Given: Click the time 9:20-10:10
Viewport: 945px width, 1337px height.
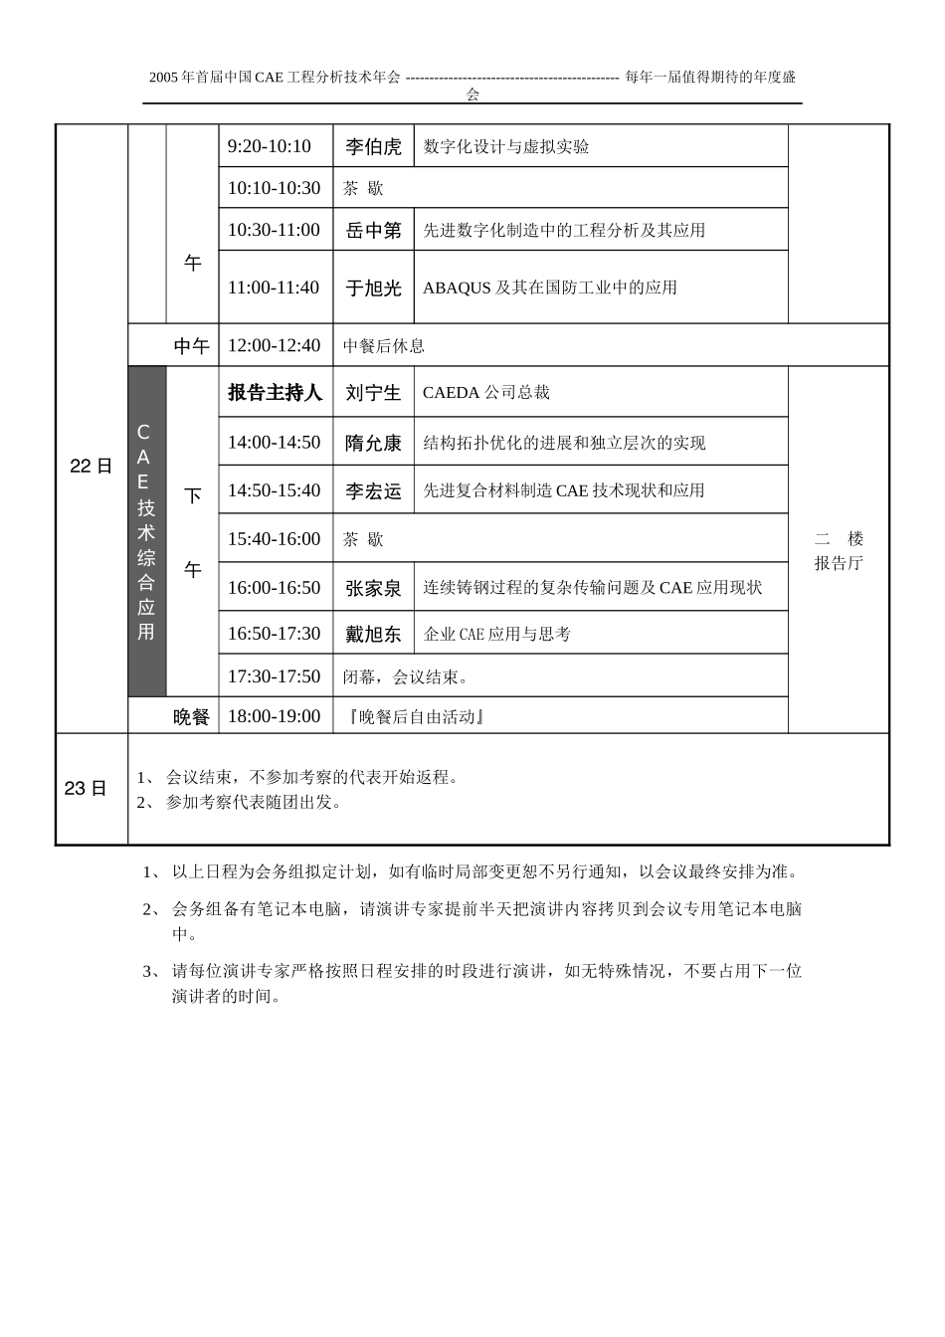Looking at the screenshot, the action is point(270,146).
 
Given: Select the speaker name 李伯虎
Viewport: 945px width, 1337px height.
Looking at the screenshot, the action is point(373,147).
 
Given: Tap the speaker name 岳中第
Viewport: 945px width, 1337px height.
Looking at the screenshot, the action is point(373,231).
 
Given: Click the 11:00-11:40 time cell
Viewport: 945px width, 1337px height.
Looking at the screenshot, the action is point(274,287).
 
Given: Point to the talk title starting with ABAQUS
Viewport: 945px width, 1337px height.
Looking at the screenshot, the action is point(550,287).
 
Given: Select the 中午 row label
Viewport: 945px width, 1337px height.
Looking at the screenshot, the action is point(192,346).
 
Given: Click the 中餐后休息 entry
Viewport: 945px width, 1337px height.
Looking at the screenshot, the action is point(384,346).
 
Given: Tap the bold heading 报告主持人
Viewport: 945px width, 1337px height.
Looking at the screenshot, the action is point(275,393).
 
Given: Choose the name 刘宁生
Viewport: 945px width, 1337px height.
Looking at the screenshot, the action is point(373,393).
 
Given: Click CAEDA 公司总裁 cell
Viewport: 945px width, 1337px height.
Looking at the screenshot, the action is point(486,393).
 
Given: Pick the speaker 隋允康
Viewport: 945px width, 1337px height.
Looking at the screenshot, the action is point(373,443).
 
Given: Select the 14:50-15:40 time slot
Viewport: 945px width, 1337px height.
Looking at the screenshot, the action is point(274,490).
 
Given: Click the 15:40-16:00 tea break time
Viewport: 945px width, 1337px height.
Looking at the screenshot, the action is point(274,539).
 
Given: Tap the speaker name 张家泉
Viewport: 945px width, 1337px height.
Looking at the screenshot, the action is point(373,588).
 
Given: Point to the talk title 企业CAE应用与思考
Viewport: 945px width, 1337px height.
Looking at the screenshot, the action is point(497,634).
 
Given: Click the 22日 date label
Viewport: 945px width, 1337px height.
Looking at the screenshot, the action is point(91,466).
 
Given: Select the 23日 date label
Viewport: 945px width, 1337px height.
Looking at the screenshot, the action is point(86,789).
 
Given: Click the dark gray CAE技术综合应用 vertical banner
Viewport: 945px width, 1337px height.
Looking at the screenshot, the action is point(146,531).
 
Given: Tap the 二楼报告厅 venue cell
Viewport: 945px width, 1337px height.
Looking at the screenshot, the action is point(839,551).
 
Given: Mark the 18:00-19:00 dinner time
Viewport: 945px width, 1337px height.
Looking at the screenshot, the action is point(274,716).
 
